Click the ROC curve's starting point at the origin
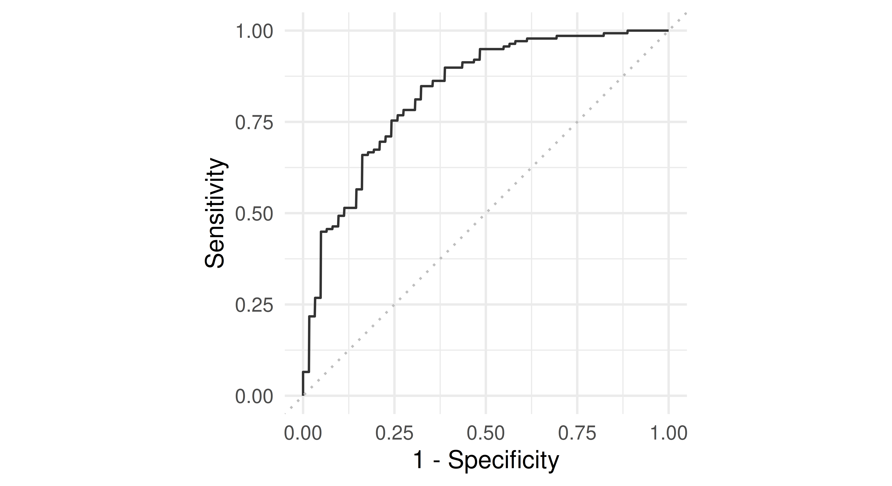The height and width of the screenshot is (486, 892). pos(303,395)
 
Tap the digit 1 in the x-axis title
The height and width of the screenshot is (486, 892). pos(418,460)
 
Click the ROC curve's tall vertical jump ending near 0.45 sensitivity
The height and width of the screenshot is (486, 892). pos(321,265)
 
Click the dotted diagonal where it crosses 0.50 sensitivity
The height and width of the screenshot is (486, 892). pos(486,213)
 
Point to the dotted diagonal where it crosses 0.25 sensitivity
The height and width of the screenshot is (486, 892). pos(394,304)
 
